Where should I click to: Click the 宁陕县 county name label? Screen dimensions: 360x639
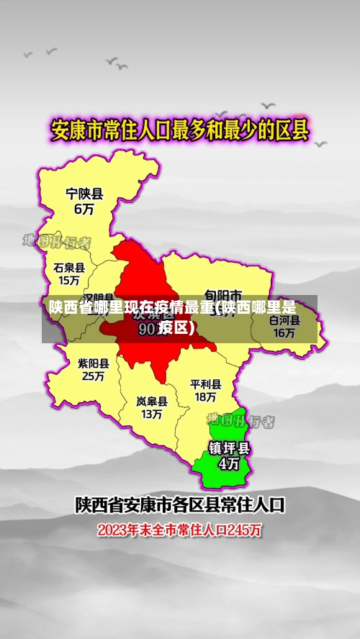click(x=85, y=194)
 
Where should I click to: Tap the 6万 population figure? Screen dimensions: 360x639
click(x=84, y=209)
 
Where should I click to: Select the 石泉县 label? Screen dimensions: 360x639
click(x=69, y=267)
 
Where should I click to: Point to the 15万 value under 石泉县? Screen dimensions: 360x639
click(x=69, y=281)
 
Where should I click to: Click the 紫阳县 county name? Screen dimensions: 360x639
click(x=94, y=363)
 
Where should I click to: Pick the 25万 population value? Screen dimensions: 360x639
click(x=94, y=376)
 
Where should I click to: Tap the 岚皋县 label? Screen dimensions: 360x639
click(x=152, y=401)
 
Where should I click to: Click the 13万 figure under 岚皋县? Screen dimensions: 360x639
click(x=152, y=414)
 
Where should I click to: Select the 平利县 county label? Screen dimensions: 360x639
click(x=206, y=384)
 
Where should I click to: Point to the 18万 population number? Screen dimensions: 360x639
click(x=205, y=396)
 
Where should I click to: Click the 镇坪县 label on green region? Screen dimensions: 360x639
click(x=229, y=448)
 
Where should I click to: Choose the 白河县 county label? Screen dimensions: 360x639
click(x=284, y=320)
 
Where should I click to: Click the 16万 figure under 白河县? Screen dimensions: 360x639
click(x=284, y=332)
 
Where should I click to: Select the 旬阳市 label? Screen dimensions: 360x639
click(x=222, y=294)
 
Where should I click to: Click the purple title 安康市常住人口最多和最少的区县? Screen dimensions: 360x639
click(x=179, y=131)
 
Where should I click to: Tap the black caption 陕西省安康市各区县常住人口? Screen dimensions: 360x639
click(x=180, y=504)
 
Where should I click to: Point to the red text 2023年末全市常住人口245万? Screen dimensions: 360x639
click(x=180, y=531)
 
